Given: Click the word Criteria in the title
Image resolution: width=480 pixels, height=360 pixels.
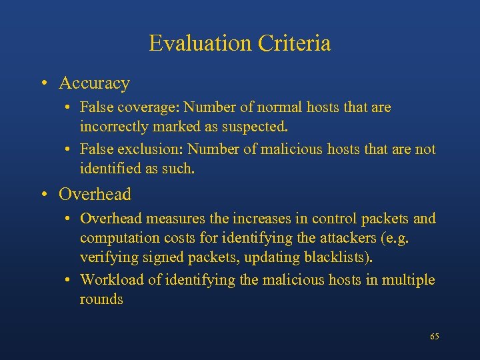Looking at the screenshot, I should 294,43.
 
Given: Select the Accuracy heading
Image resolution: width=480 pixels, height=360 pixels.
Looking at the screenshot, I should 94,83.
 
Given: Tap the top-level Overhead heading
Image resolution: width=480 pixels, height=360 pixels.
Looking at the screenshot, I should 95,195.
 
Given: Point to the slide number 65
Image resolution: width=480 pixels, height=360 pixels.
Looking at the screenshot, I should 435,337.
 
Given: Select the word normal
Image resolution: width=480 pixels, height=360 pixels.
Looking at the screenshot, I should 277,107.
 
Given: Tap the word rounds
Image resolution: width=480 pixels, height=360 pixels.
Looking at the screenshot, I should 101,299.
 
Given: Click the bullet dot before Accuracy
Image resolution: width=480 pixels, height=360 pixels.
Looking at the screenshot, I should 43,84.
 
